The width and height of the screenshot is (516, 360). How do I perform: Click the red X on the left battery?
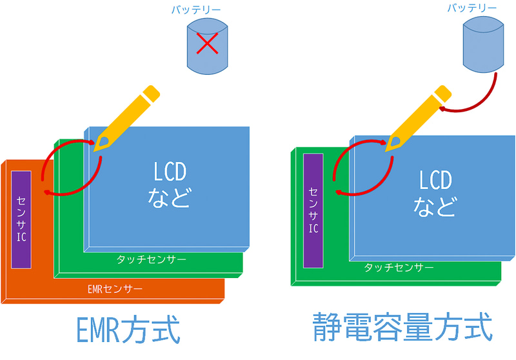tap(207, 45)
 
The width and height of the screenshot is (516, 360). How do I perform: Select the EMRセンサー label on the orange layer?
tap(115, 288)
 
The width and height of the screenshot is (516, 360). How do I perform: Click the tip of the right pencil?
tap(388, 149)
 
